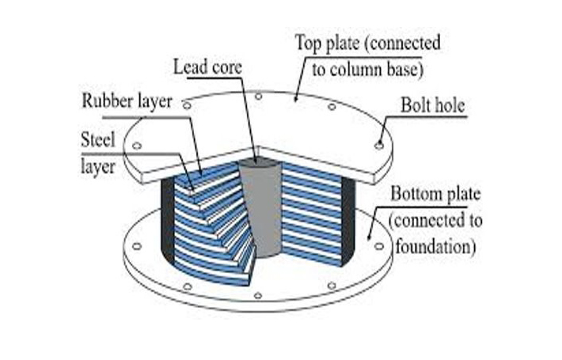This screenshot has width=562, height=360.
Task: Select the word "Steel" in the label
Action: click(99, 140)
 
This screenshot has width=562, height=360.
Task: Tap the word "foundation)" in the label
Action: click(434, 247)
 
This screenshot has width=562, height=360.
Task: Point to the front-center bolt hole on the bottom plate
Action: click(257, 295)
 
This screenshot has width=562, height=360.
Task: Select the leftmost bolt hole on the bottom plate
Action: click(136, 247)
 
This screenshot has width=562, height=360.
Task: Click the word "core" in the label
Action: click(225, 66)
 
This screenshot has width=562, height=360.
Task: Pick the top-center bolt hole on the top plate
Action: click(259, 96)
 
